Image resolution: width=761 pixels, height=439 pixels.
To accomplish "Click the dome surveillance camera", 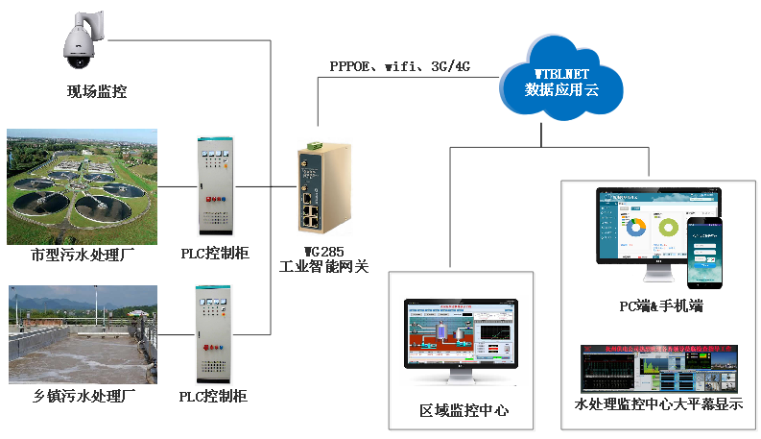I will pos(82,41).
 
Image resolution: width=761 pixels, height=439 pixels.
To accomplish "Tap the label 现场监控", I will pos(96,92).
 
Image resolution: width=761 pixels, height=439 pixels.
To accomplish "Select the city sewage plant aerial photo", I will pos(81,186).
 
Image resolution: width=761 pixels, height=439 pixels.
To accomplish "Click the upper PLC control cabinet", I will pos(214,188).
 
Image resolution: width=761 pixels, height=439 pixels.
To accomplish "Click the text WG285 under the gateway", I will pos(323,252).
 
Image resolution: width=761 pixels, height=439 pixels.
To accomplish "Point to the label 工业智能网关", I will pos(323,267).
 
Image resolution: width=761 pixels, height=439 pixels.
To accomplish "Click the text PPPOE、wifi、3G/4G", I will pos(398,67).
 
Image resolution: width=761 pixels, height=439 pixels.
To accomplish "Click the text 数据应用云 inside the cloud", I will pos(562,90).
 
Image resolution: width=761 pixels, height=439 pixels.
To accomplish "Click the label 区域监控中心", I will pos(464,410).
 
